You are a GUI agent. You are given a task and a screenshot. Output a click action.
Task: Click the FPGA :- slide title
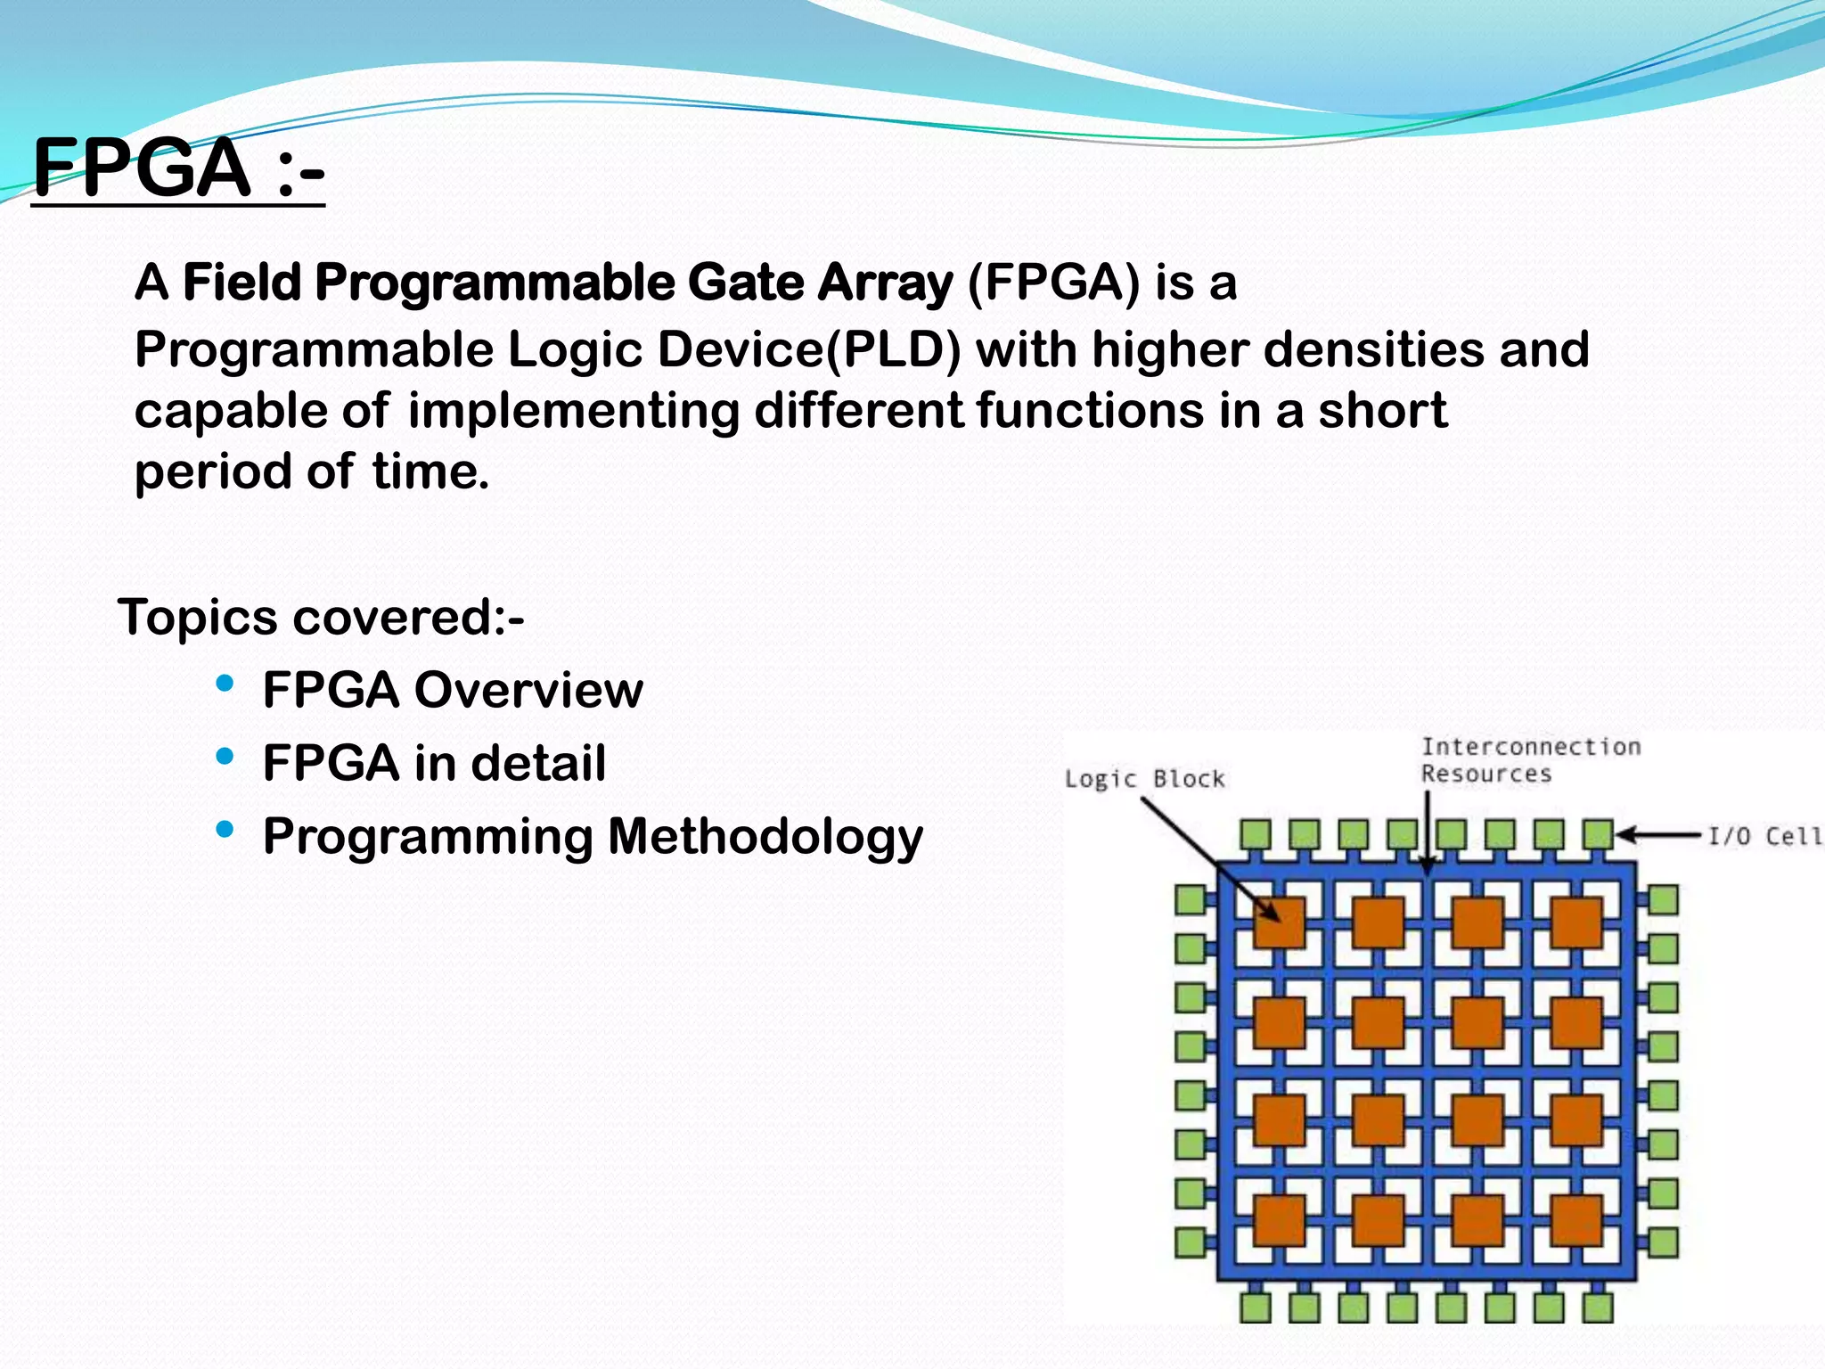click(x=178, y=168)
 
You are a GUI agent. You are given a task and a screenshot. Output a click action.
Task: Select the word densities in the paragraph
click(x=1375, y=348)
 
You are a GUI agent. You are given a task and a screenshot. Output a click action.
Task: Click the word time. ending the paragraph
click(x=430, y=471)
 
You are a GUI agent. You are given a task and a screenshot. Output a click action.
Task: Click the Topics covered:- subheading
click(x=321, y=617)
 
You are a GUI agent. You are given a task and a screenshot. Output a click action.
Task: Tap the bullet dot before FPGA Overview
click(x=225, y=684)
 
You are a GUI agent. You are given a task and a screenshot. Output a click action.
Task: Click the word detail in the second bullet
click(x=538, y=764)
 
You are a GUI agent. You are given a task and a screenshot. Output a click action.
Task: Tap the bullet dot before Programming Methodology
click(x=225, y=830)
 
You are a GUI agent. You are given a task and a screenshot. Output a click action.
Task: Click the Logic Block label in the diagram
click(x=1145, y=779)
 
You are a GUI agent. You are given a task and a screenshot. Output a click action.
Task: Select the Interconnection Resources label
click(x=1530, y=759)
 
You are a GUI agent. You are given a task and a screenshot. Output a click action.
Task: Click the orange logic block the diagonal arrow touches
click(x=1279, y=922)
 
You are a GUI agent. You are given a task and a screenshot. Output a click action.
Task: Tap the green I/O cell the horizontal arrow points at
click(x=1597, y=835)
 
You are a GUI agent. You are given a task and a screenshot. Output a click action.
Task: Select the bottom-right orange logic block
click(x=1575, y=1220)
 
